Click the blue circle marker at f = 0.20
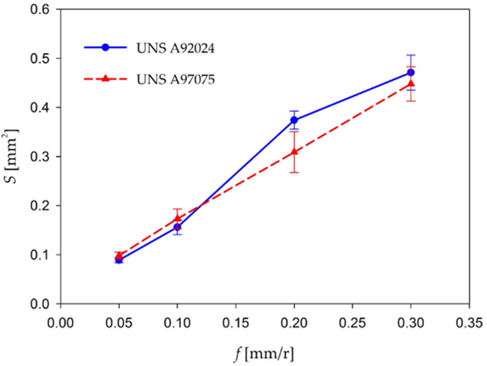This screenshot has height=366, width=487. [294, 120]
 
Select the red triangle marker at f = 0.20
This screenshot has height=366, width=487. [294, 152]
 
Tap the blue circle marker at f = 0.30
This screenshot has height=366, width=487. [411, 72]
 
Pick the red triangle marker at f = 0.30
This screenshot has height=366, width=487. [411, 84]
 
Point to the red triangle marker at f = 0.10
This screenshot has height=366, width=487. [178, 218]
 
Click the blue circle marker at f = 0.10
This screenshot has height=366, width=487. [178, 227]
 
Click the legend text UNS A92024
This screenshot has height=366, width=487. [176, 48]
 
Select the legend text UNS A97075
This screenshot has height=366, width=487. [176, 79]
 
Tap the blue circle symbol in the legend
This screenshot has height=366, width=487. [105, 47]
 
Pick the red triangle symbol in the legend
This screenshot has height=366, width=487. [105, 79]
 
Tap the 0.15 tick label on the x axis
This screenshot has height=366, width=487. [236, 323]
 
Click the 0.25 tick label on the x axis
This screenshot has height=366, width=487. [352, 323]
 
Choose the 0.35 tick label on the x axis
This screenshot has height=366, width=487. [469, 323]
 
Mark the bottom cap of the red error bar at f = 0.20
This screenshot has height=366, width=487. [294, 172]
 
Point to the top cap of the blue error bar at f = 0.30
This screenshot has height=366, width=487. [411, 55]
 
